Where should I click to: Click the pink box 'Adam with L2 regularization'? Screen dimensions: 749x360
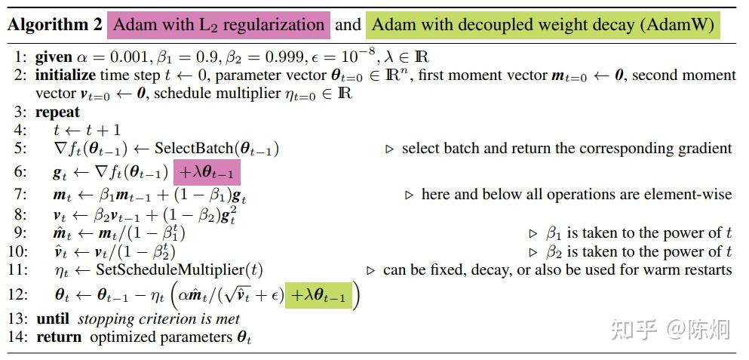pos(218,25)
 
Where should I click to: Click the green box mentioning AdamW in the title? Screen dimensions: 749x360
pos(543,25)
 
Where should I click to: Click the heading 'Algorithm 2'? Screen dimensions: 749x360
pos(54,25)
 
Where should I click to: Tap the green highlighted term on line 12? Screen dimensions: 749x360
pos(317,297)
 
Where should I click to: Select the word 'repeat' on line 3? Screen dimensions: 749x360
pos(57,112)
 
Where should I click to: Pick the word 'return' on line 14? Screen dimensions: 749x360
pos(60,337)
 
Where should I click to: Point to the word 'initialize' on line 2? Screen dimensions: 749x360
pos(66,75)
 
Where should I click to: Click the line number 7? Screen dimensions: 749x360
pos(20,195)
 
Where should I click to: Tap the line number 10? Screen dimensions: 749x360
pos(18,251)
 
